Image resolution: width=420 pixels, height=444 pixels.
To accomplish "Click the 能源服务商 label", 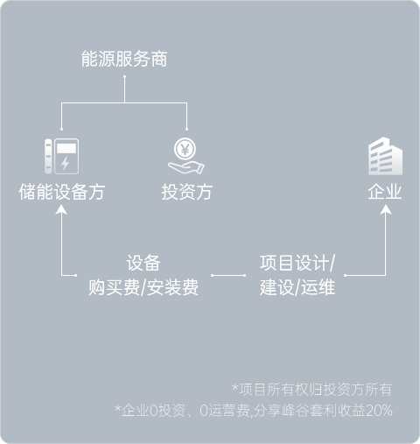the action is tap(124, 59).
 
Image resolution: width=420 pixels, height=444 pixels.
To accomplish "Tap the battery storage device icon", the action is tap(61, 156).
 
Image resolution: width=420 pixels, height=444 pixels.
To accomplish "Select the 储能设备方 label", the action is tap(62, 192).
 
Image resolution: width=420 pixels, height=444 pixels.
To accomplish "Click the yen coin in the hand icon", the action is tap(185, 149).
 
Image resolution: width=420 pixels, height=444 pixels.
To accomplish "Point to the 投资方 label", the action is tap(187, 192).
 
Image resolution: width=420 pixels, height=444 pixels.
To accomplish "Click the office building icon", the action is tap(385, 156).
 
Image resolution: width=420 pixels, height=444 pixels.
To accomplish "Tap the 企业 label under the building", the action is tap(385, 192).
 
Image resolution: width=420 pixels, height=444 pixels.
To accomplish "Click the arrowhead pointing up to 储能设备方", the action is tap(61, 209).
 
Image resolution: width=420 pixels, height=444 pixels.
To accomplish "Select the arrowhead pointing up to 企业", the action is tap(386, 209).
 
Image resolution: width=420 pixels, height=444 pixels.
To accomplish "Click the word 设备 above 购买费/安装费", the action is tap(143, 263).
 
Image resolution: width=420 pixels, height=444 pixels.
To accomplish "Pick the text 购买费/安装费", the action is tap(143, 287).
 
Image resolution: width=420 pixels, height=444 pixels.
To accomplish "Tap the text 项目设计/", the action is tap(297, 263).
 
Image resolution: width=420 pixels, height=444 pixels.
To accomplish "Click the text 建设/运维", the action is tap(297, 287).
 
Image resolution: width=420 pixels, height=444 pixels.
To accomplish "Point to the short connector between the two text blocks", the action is tap(228, 275).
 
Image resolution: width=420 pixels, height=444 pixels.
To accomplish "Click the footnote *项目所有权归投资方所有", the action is tap(311, 390).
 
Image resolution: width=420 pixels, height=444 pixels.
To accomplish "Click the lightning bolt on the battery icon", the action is tap(65, 163).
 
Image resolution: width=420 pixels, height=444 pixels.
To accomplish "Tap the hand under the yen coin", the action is tap(186, 167).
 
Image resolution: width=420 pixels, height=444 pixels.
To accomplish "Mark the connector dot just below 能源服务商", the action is tap(124, 77).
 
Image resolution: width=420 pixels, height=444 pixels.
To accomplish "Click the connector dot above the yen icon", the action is tap(186, 129).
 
